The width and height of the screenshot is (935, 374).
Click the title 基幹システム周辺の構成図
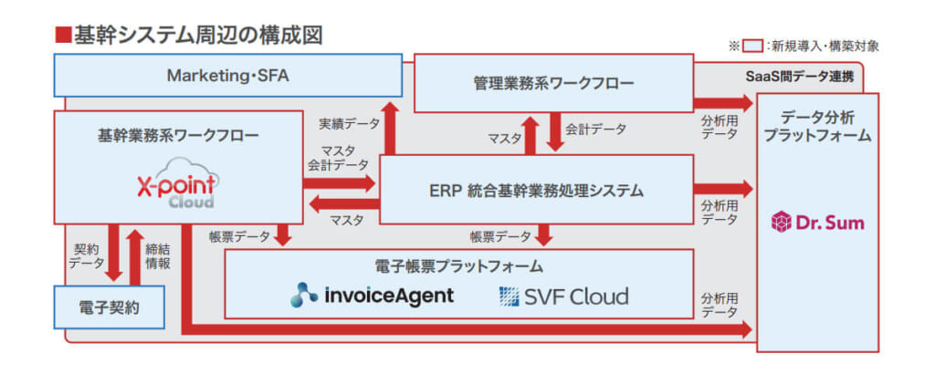pyautogui.click(x=196, y=36)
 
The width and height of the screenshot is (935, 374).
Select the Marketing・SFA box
pyautogui.click(x=227, y=76)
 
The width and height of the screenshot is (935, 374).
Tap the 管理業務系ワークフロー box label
pyautogui.click(x=553, y=84)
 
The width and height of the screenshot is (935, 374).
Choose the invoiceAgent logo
pyautogui.click(x=372, y=296)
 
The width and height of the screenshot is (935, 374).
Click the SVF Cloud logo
pyautogui.click(x=563, y=296)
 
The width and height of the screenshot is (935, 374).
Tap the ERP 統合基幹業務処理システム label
pyautogui.click(x=536, y=191)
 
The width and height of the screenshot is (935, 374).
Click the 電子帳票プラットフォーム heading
pyautogui.click(x=458, y=266)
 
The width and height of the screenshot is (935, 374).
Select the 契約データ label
pyautogui.click(x=89, y=255)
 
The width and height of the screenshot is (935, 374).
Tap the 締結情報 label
pyautogui.click(x=157, y=255)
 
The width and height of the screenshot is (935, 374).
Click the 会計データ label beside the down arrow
pyautogui.click(x=596, y=130)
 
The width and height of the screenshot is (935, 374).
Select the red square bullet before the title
pyautogui.click(x=63, y=36)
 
